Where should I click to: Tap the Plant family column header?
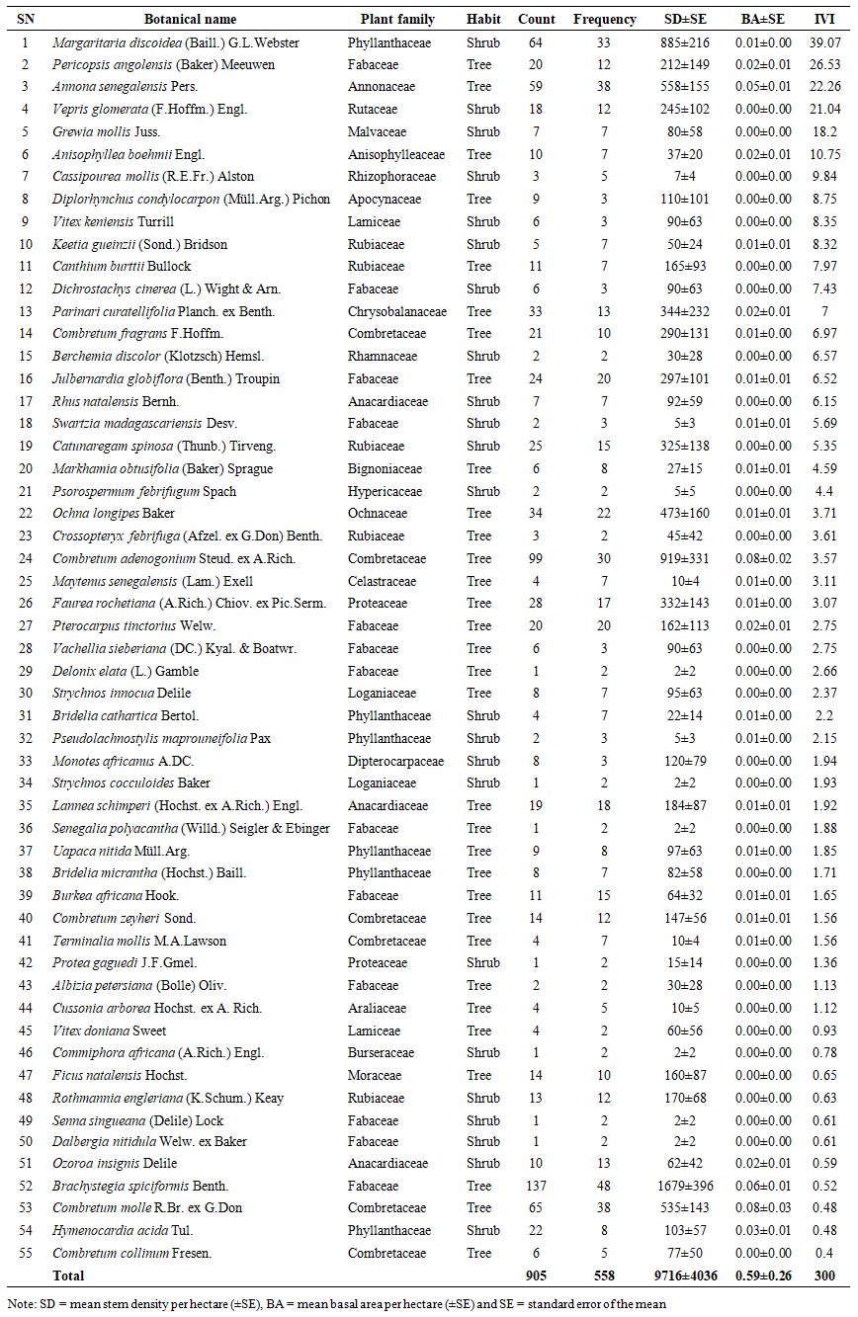(392, 19)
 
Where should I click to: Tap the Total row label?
(69, 1276)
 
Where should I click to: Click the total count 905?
(537, 1276)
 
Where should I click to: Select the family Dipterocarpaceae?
(395, 761)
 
